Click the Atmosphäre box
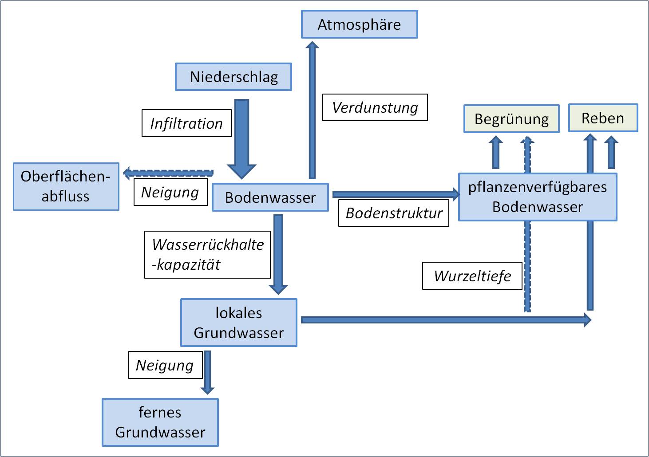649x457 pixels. [x=359, y=24]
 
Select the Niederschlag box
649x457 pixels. [x=233, y=77]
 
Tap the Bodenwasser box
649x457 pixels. [x=270, y=197]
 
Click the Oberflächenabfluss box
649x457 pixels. [x=66, y=186]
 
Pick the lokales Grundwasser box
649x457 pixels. [x=238, y=323]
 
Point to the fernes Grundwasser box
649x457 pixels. [x=160, y=422]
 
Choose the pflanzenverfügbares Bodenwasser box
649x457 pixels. [x=537, y=197]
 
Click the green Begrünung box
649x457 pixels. [x=511, y=119]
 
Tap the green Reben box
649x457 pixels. [x=603, y=118]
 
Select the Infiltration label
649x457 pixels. [x=186, y=123]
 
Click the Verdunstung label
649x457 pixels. [x=375, y=107]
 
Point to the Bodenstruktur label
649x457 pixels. [x=393, y=213]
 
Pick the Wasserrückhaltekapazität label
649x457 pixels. [x=207, y=255]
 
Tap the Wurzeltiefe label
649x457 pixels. [x=472, y=276]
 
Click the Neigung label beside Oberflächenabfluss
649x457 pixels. [x=170, y=192]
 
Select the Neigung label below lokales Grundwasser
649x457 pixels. [x=165, y=365]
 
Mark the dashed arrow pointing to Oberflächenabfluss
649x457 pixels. [x=169, y=173]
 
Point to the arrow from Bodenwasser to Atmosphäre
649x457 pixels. [x=312, y=111]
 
